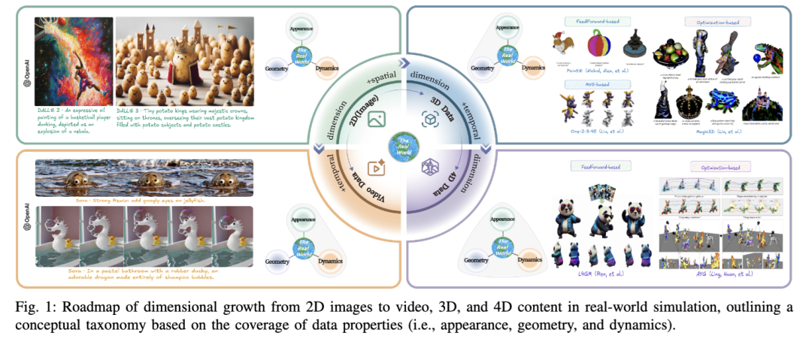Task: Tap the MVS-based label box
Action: [586, 84]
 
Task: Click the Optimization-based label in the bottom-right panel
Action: [714, 167]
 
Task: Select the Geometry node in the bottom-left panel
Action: [277, 262]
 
